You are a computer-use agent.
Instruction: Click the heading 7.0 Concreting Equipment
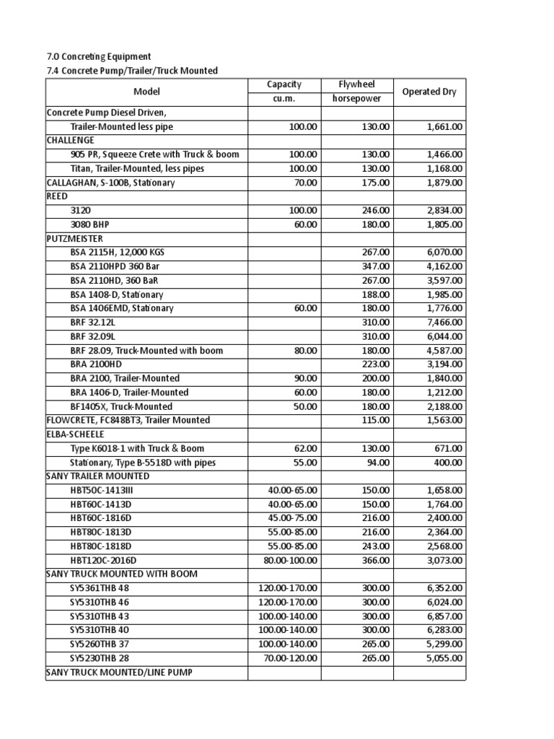(98, 56)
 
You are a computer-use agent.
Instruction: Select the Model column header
(146, 92)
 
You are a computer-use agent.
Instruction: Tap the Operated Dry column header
(428, 92)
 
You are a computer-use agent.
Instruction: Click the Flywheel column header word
(357, 84)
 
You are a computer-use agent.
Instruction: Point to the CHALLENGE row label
(71, 141)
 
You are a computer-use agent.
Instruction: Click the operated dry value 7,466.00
(444, 323)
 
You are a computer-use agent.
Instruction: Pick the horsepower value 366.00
(375, 560)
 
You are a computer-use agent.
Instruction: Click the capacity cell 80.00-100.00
(290, 560)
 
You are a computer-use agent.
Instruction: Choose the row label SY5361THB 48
(100, 588)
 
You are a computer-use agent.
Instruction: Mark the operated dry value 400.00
(449, 463)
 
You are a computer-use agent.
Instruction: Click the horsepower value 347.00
(375, 266)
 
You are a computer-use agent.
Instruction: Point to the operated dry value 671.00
(449, 448)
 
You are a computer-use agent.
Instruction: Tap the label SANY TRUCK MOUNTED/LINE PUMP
(119, 672)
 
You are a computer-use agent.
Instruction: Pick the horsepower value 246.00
(375, 211)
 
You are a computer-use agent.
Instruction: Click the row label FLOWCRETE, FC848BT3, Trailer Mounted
(128, 420)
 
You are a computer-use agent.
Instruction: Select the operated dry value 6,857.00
(444, 616)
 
